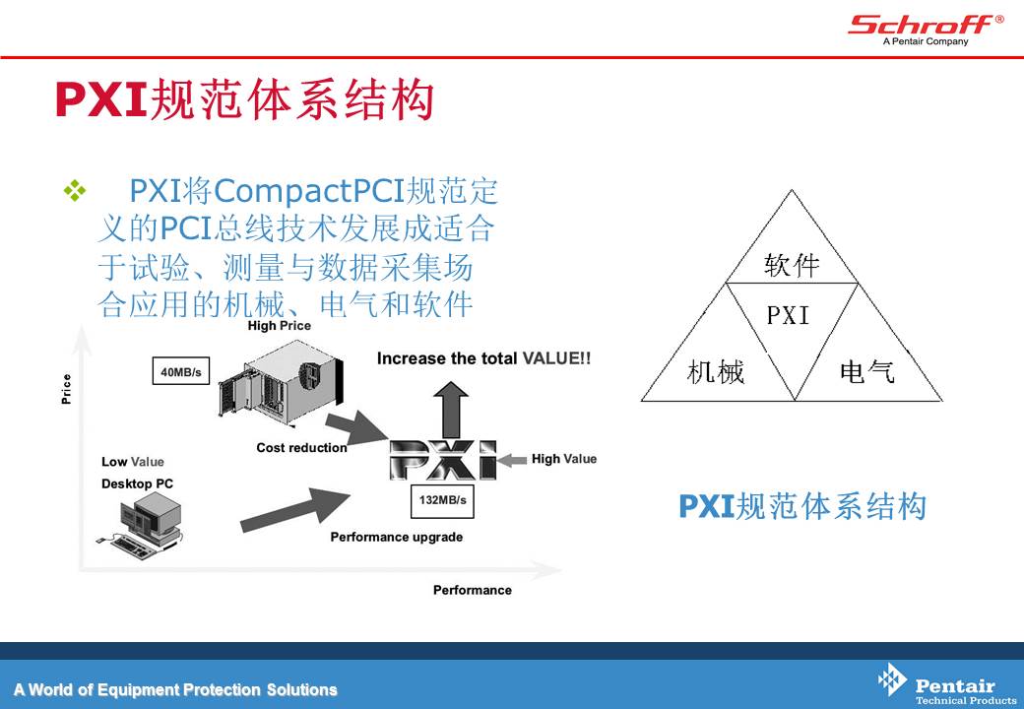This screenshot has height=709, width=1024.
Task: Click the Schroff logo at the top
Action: (926, 30)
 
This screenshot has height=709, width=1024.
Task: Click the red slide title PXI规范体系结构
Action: (245, 99)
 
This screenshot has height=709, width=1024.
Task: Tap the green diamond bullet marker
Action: (75, 191)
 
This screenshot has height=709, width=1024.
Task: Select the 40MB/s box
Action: (181, 371)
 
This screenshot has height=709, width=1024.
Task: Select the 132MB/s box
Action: (442, 501)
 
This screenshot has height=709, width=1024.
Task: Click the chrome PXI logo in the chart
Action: (443, 460)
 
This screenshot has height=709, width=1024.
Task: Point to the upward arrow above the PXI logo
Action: (451, 410)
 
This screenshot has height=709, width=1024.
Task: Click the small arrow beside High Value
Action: (512, 460)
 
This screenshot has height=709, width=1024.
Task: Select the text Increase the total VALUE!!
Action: (483, 358)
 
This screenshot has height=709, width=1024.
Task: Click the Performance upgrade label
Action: (397, 537)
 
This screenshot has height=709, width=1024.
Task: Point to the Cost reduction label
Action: (301, 448)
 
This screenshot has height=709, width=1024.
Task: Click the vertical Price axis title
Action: (66, 389)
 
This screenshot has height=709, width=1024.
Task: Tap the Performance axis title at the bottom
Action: (473, 590)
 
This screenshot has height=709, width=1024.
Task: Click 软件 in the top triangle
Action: (792, 265)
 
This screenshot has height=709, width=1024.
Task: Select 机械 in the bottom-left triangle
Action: (716, 372)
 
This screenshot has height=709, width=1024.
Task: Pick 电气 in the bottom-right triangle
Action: (866, 372)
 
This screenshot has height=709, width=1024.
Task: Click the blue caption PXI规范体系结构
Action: (802, 506)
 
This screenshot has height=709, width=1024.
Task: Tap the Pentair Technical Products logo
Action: (947, 684)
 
